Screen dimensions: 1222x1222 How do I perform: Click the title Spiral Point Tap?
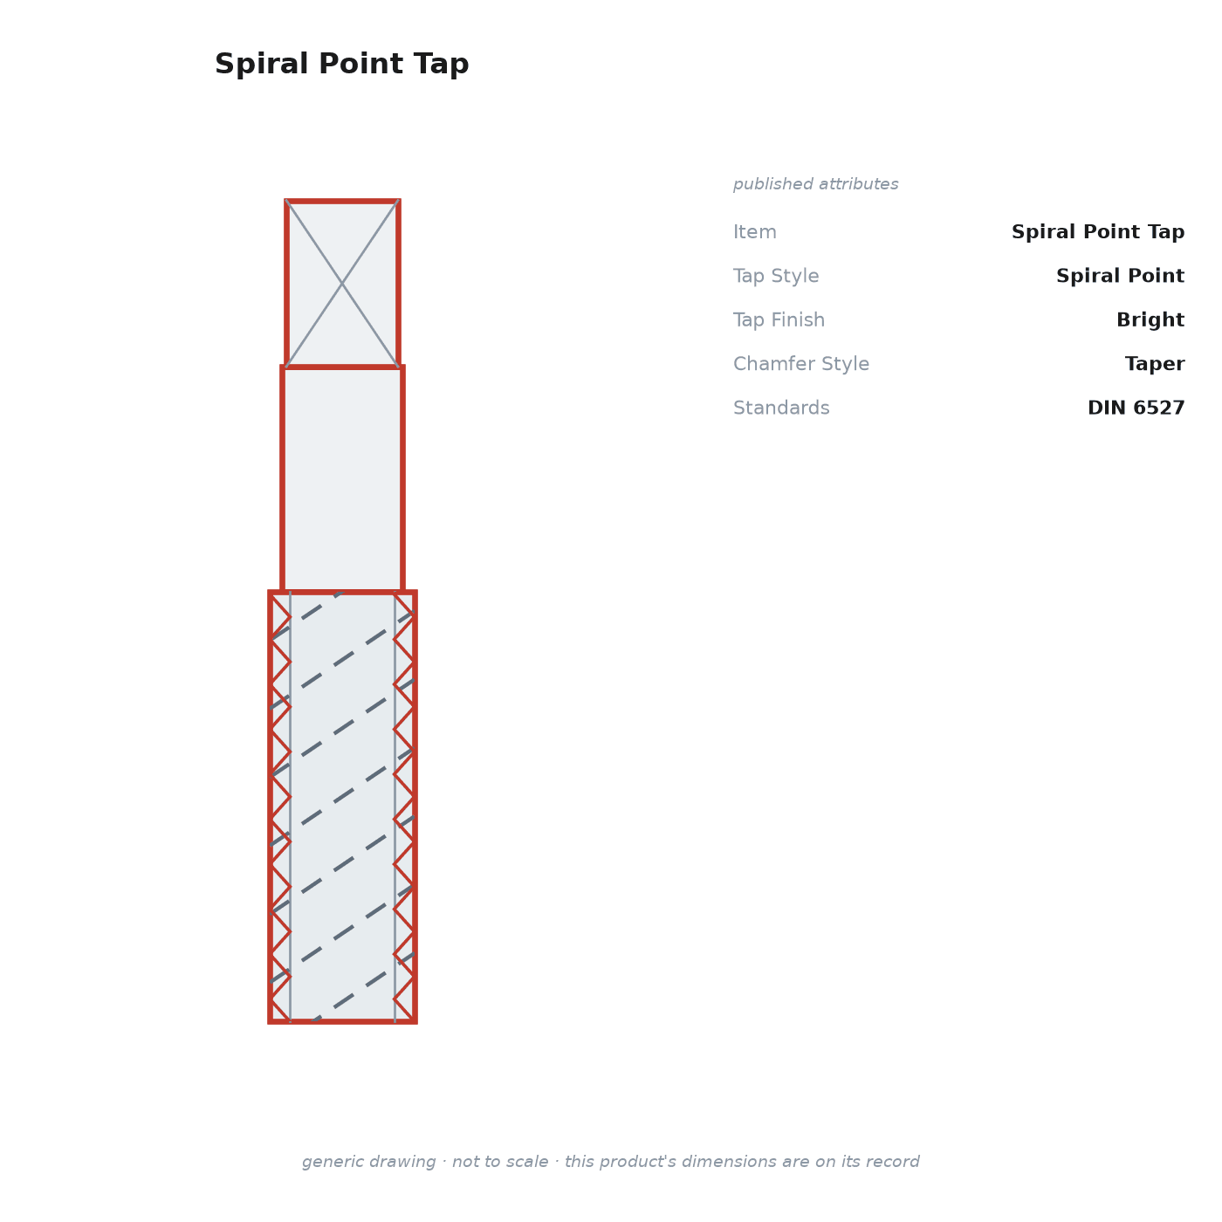pos(341,65)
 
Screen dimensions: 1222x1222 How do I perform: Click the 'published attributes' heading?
pos(815,184)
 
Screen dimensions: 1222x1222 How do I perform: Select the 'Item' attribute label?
pos(754,232)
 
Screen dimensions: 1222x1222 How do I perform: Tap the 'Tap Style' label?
pos(776,277)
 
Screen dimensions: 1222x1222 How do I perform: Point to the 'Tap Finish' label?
pos(779,320)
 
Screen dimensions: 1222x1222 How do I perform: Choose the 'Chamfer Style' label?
pos(801,364)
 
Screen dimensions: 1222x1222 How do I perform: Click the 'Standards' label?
pos(780,408)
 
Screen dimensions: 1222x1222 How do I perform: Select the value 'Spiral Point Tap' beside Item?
pos(1097,232)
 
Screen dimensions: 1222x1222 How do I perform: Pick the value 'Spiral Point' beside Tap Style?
pos(1119,277)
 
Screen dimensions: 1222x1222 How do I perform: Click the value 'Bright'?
pos(1150,320)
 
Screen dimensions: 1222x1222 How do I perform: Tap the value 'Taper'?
pos(1154,364)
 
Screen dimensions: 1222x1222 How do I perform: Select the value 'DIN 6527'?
pos(1135,408)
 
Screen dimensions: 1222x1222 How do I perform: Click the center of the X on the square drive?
pos(342,284)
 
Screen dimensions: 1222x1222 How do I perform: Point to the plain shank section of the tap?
pos(342,479)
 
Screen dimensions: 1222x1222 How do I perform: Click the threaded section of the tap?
pos(342,806)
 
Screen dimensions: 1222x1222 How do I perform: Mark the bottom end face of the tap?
pos(342,1021)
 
